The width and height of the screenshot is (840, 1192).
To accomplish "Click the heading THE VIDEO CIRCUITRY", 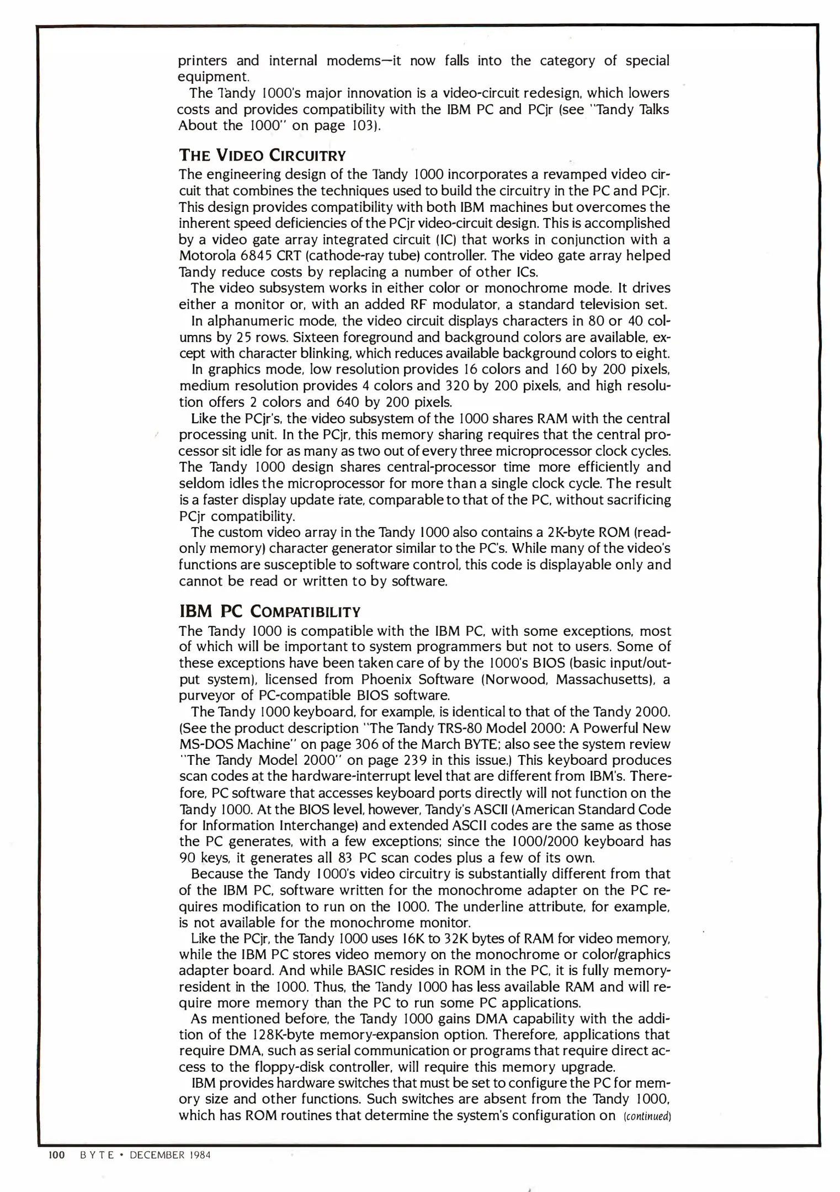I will [262, 155].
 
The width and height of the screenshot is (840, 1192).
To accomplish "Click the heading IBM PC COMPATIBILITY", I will [269, 611].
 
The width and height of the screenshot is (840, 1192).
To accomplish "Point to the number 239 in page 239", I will [414, 760].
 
